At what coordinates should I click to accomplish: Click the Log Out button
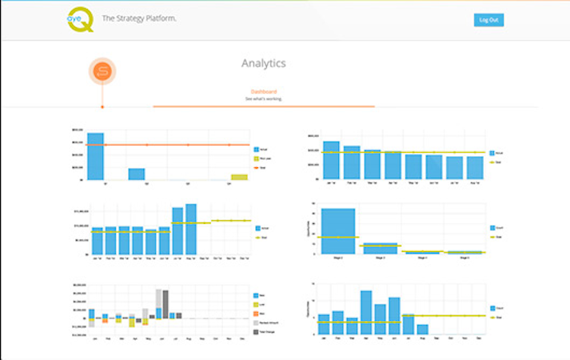(488, 20)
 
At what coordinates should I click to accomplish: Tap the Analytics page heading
(263, 63)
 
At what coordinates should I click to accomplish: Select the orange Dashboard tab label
(264, 91)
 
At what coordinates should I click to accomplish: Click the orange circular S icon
(102, 72)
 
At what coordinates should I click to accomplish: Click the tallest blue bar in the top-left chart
(95, 156)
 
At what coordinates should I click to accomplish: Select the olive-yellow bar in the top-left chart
(239, 177)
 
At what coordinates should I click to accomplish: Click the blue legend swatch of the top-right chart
(491, 152)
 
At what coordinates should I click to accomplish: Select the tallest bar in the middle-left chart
(191, 229)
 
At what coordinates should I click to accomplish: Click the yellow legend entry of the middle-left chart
(257, 238)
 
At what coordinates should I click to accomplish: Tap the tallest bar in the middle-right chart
(338, 231)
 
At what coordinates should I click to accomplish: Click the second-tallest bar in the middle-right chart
(381, 249)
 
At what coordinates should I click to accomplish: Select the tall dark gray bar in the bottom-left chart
(165, 303)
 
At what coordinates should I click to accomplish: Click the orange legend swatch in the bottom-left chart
(256, 314)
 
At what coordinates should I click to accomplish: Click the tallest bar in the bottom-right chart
(366, 312)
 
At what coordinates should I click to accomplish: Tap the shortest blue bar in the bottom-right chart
(422, 329)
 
